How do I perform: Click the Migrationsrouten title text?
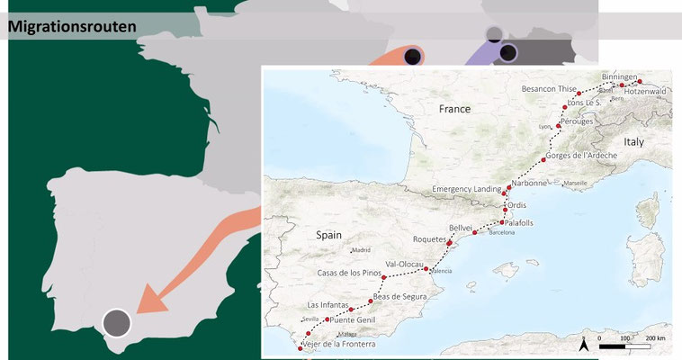coord(72,26)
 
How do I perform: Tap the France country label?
coord(454,108)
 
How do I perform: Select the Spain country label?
coord(330,234)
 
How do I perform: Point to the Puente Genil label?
coord(354,319)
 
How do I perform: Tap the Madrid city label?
coord(361,250)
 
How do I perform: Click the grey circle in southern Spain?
coord(116,322)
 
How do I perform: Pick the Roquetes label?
coord(428,239)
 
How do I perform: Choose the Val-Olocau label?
coord(404,264)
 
